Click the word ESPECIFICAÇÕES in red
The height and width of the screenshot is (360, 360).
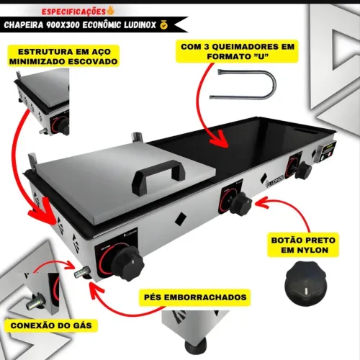73,12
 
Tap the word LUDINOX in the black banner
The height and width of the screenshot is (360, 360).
140,24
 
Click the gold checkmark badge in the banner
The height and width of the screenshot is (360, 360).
164,24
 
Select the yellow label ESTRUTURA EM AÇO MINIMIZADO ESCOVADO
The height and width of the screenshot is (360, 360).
63,56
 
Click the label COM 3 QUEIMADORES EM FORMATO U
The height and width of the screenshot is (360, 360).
238,51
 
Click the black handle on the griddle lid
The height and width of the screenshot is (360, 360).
158,175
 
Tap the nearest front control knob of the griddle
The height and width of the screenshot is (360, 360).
129,264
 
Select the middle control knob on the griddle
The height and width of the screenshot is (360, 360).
240,204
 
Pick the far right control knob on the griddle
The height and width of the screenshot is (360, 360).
304,170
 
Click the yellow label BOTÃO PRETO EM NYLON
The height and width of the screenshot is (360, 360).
303,245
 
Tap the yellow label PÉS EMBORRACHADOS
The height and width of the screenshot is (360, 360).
195,297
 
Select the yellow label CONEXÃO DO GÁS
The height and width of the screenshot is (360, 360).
51,325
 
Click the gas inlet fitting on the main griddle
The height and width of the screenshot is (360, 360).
82,273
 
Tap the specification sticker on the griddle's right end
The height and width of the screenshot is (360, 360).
328,151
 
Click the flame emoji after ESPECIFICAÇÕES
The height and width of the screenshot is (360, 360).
110,10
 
